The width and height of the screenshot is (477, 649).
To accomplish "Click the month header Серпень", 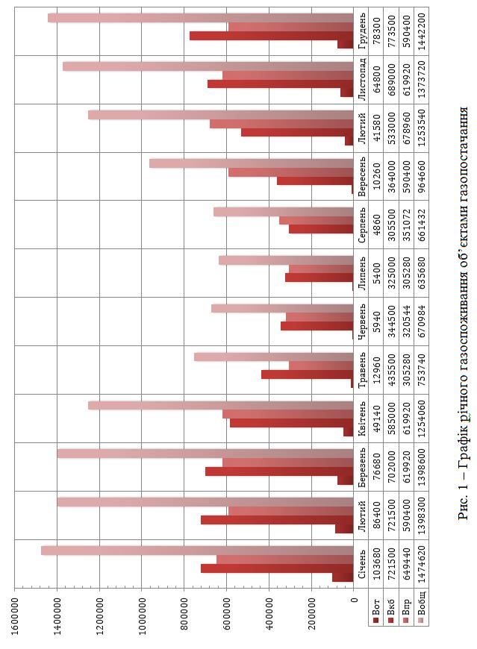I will [362, 224].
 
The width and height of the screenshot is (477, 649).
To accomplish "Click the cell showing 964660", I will [423, 176].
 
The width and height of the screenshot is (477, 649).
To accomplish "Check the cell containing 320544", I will [407, 321].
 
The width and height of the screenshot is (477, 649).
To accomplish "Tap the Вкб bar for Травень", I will [306, 374].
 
